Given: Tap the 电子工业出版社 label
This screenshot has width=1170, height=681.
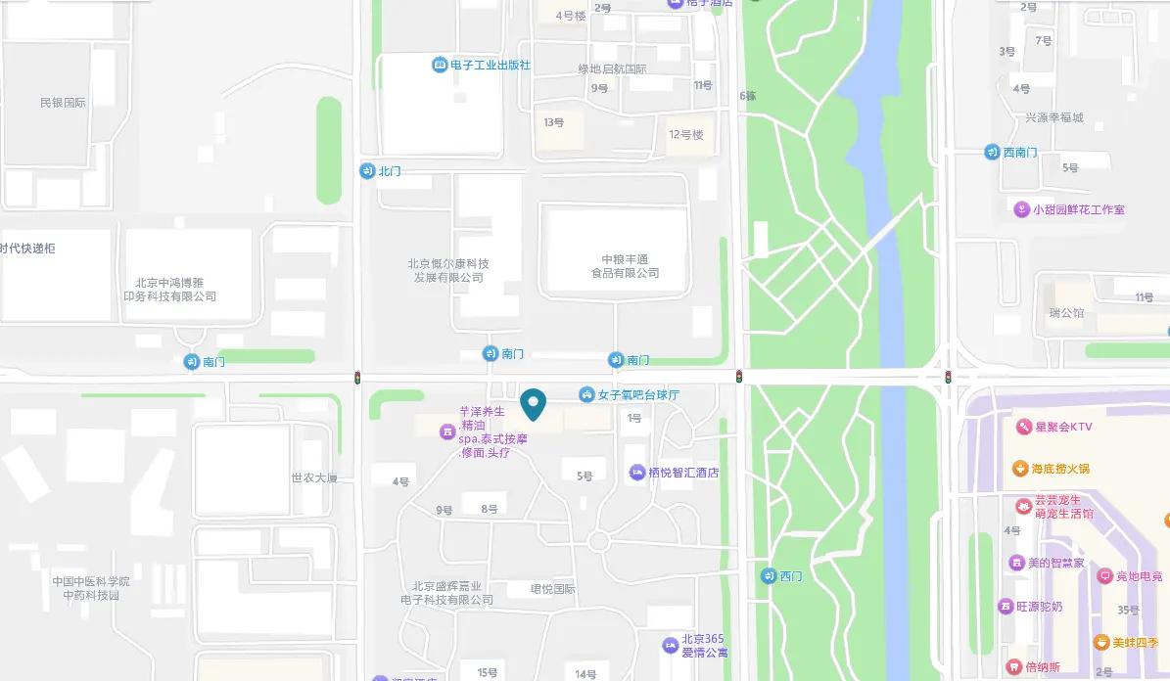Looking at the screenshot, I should tap(491, 65).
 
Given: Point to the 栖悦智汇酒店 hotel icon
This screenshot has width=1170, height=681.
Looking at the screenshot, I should tap(637, 473).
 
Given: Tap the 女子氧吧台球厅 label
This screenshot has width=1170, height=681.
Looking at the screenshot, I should tap(638, 394).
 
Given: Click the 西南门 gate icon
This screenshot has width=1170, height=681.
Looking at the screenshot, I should tap(992, 153).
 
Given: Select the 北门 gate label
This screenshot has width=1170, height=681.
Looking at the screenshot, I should tap(390, 171).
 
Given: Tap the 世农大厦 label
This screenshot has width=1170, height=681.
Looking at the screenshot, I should tap(314, 478).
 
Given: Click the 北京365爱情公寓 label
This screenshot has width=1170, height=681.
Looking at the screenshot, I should tap(703, 646).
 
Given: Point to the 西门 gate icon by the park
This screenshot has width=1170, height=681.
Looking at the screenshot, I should tap(769, 575).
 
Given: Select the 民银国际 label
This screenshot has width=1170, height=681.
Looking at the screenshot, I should tap(63, 103).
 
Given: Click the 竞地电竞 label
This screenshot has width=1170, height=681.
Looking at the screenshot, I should tap(1139, 576).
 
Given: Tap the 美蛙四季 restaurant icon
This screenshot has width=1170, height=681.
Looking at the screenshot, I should tap(1101, 643).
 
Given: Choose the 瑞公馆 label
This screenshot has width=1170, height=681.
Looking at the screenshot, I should tap(1067, 313).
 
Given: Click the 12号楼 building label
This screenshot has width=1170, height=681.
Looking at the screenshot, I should tap(685, 135).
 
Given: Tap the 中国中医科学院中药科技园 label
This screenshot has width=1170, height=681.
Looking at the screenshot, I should tap(91, 588).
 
